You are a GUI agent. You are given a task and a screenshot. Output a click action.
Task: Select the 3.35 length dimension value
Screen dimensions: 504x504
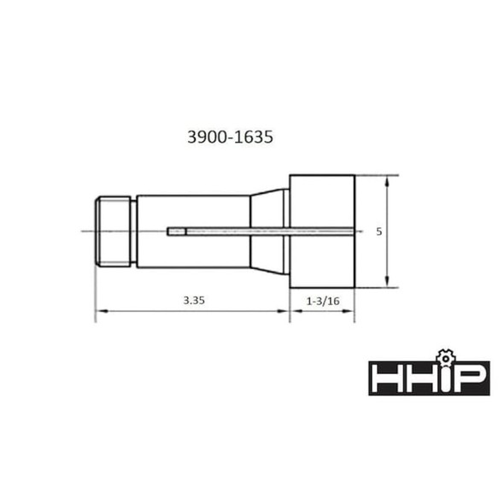[x=193, y=300]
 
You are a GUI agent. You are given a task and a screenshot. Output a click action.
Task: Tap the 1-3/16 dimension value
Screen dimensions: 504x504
[x=323, y=300]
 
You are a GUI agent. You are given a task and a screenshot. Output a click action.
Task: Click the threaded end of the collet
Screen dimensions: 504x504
[x=114, y=231]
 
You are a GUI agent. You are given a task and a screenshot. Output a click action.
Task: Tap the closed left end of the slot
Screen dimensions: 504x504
[x=171, y=231]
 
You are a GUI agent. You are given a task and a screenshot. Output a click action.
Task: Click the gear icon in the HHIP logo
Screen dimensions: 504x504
[x=442, y=355]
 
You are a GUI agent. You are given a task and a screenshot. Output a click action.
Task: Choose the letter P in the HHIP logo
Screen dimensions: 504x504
[x=469, y=378]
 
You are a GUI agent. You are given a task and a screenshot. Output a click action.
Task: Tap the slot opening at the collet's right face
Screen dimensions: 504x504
[x=353, y=231]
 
